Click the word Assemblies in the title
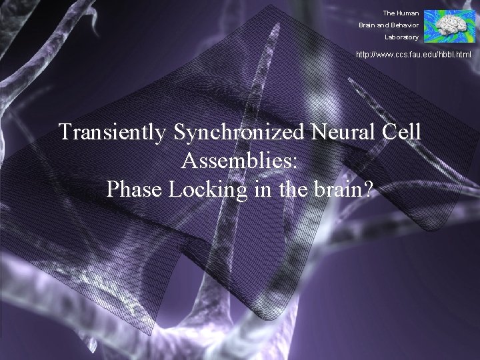[x=240, y=161]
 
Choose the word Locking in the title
[x=201, y=190]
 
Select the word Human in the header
[x=408, y=13]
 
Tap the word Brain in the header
[x=368, y=25]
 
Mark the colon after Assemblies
[x=303, y=162]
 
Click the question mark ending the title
[x=369, y=189]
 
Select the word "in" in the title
[x=253, y=189]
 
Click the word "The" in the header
[x=389, y=13]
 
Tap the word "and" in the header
[x=383, y=25]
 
